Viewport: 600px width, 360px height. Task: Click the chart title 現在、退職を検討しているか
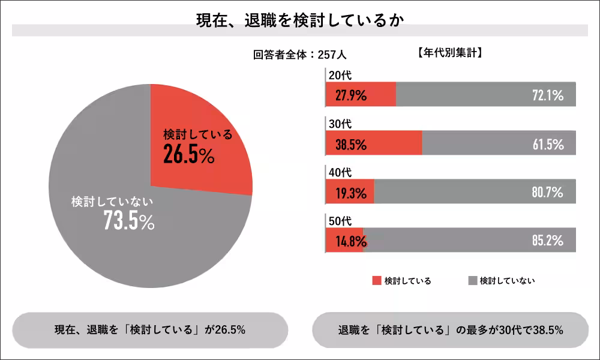[x=300, y=19]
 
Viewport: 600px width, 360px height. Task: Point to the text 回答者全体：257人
[x=300, y=55]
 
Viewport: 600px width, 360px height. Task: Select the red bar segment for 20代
[x=361, y=94]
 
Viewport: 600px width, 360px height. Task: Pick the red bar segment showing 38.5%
[x=373, y=143]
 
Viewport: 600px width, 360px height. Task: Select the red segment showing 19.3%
[x=349, y=192]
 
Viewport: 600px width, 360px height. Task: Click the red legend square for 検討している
[x=377, y=280]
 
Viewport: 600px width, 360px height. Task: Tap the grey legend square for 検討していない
[x=472, y=280]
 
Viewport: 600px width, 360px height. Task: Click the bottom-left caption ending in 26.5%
[x=150, y=330]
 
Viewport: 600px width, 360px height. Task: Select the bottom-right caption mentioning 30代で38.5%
[x=450, y=330]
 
